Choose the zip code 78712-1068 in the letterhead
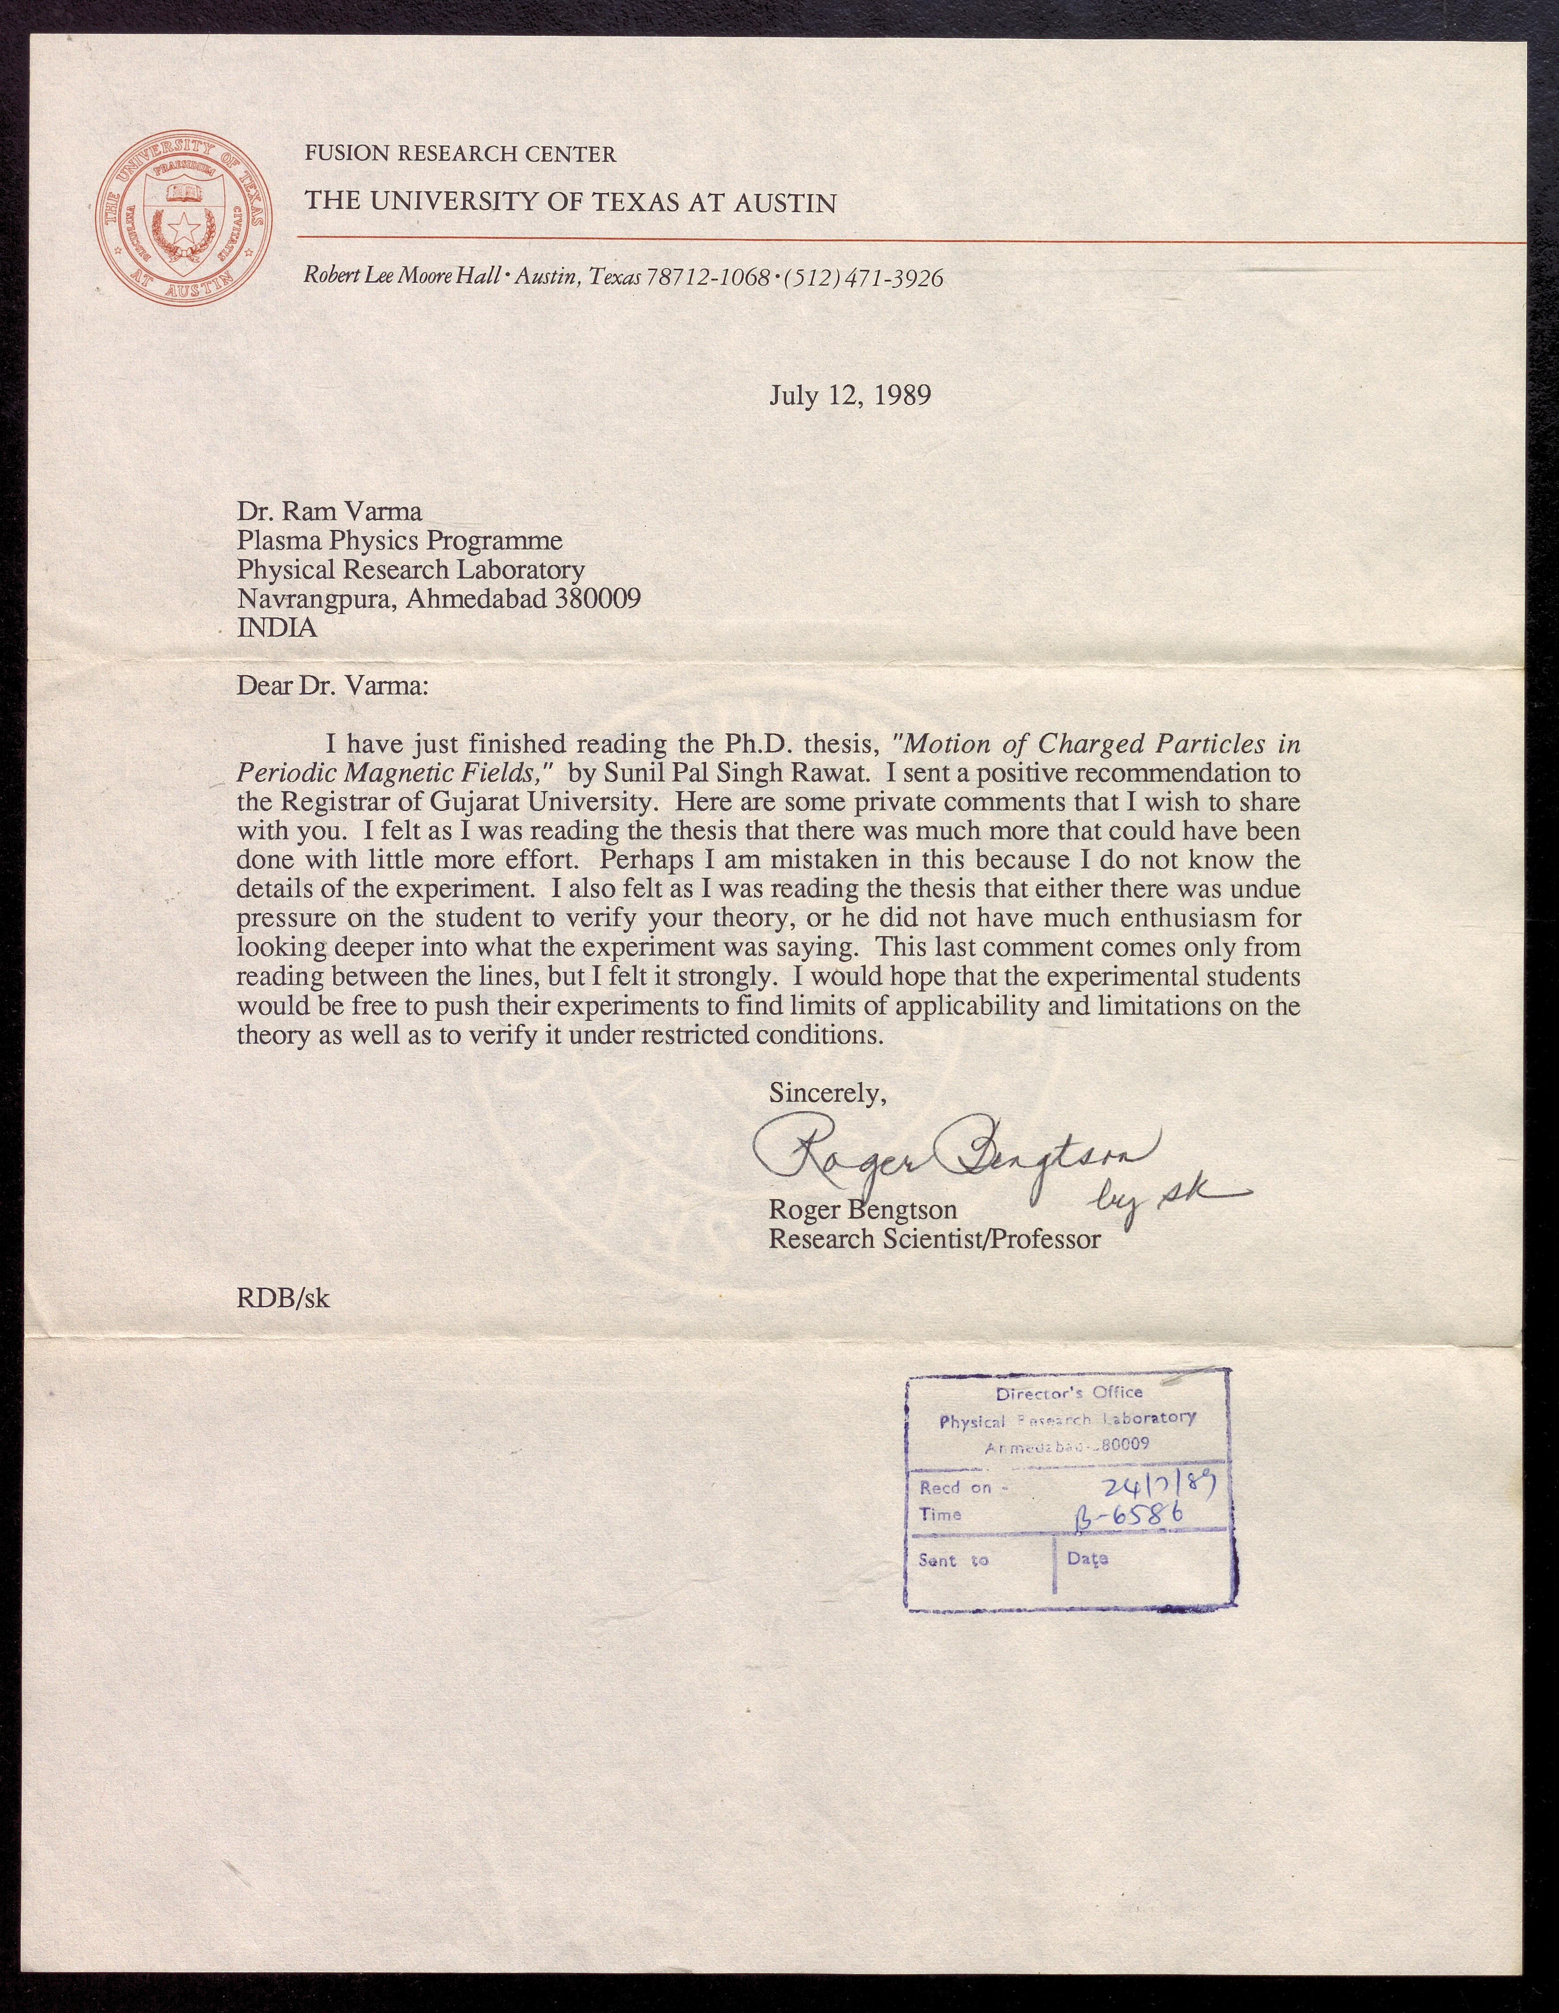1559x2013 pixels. click(708, 277)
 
